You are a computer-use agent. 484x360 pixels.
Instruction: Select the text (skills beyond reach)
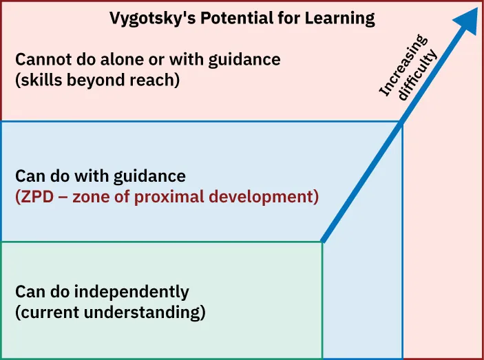coord(97,81)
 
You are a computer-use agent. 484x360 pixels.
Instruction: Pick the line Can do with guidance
coord(101,176)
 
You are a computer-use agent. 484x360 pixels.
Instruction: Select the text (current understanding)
coord(110,313)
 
